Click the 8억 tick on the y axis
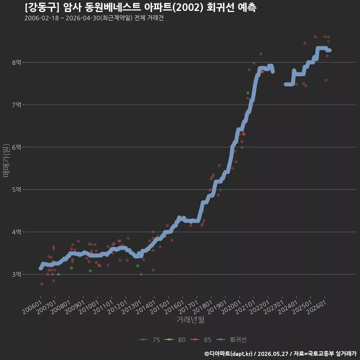click(x=16, y=63)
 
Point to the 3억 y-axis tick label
click(x=16, y=274)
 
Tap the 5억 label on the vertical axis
click(x=16, y=190)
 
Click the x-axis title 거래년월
click(x=190, y=319)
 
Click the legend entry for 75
click(x=150, y=340)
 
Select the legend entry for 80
click(x=175, y=340)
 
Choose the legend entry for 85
click(x=201, y=340)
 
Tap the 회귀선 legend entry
click(x=231, y=340)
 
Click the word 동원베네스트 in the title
click(x=112, y=7)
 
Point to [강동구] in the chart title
click(x=42, y=7)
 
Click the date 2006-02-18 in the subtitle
click(x=42, y=18)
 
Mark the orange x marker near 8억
click(x=262, y=72)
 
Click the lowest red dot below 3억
click(x=42, y=284)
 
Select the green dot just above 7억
click(x=248, y=93)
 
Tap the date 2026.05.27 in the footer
click(x=273, y=354)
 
